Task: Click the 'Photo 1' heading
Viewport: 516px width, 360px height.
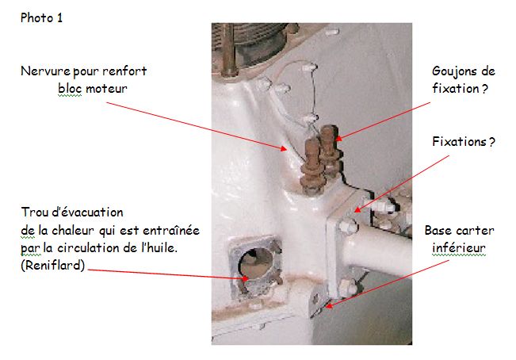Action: pos(41,17)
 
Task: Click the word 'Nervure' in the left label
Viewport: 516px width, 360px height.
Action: pos(45,71)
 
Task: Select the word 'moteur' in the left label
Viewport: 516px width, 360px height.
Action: pos(106,89)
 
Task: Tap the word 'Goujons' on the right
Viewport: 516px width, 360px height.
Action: pos(451,71)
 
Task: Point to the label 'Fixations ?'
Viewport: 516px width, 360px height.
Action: pos(464,142)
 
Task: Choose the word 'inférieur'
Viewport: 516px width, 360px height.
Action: pos(459,248)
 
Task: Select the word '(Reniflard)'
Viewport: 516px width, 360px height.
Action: pos(52,265)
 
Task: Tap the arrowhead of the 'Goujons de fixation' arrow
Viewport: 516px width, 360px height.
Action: pos(339,138)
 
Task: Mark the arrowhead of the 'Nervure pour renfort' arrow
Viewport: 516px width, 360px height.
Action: pos(283,149)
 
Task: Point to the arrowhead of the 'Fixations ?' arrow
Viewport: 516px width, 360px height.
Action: pos(357,209)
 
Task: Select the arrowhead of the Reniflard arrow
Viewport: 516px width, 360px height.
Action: pos(245,278)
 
